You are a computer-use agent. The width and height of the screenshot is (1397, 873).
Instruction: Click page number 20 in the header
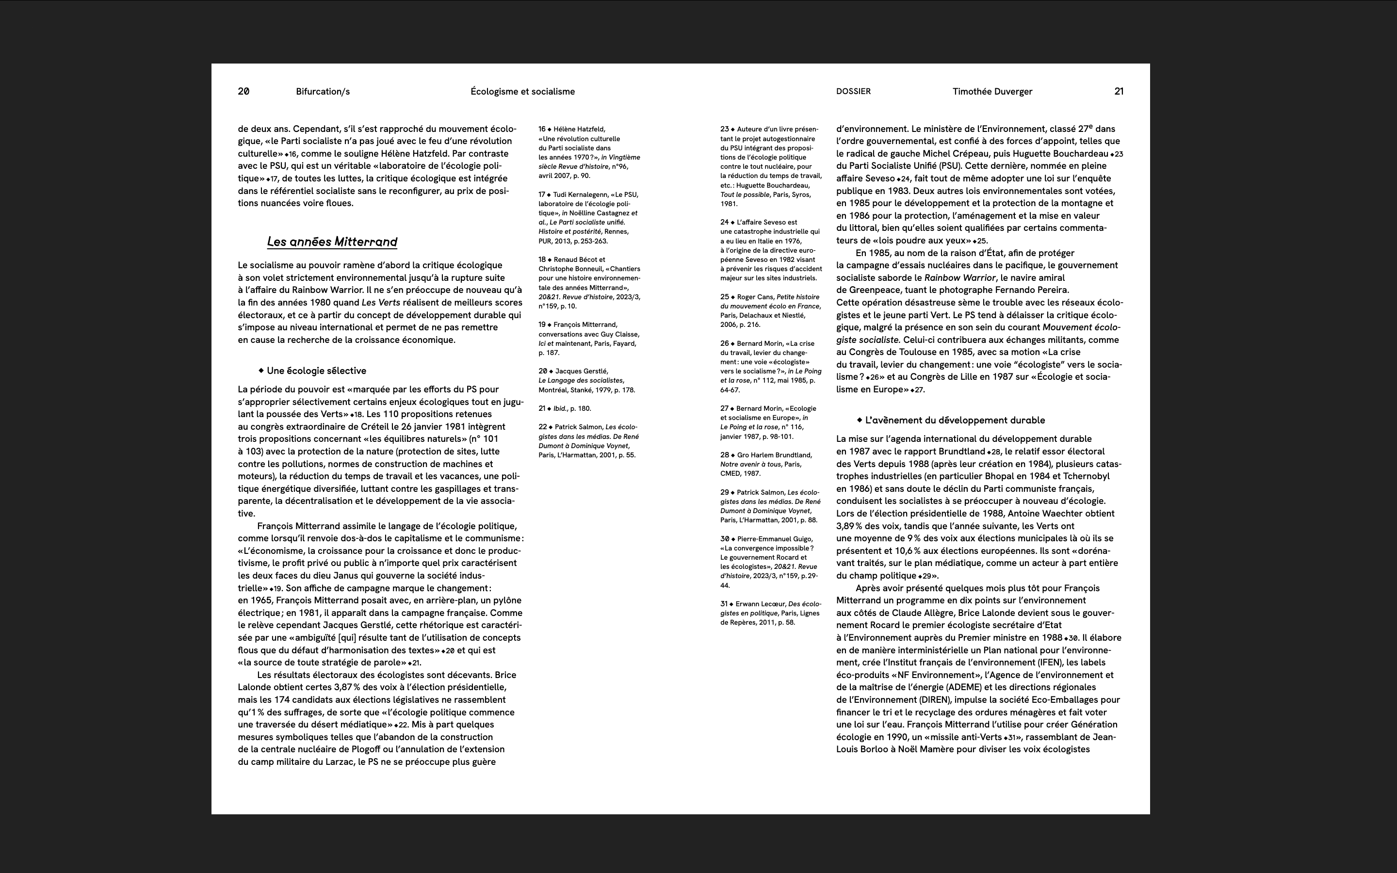coord(244,91)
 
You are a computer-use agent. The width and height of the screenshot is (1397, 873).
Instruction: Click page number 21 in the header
coord(1119,91)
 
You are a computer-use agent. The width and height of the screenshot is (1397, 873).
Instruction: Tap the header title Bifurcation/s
coord(323,91)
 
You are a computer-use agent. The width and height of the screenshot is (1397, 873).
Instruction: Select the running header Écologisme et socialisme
coord(522,91)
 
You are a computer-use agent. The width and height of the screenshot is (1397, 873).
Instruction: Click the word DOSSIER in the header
coord(853,91)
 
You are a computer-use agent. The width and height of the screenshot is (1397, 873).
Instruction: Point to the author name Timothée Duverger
coord(992,91)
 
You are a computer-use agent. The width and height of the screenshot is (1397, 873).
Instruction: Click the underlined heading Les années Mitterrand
coord(332,242)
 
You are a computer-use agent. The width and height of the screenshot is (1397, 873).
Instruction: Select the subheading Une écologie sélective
coord(316,371)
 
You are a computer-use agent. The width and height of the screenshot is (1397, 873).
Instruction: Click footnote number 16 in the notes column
coord(542,129)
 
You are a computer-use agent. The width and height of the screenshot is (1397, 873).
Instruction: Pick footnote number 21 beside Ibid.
coord(542,409)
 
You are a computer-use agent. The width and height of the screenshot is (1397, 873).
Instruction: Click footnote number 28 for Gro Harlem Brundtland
coord(725,455)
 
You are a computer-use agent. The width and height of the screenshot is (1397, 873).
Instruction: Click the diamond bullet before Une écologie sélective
coord(261,370)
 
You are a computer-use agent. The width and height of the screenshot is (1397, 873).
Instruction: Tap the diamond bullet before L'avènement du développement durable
coord(860,420)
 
